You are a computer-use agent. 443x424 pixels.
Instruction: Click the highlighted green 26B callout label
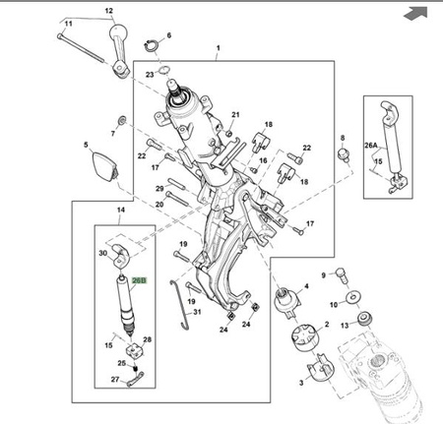tap(139, 280)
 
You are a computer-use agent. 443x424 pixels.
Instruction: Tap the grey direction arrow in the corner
tap(415, 13)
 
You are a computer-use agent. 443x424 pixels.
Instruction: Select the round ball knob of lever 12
tap(117, 32)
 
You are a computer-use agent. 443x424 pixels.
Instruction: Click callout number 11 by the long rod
tap(68, 24)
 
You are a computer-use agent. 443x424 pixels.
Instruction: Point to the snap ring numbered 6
tap(151, 45)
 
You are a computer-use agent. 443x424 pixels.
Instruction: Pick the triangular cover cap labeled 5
tap(103, 167)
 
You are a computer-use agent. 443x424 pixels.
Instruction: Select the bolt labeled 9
tap(343, 276)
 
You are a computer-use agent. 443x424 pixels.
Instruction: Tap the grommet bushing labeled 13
tap(364, 319)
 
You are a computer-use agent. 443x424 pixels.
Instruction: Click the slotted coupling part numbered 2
tap(305, 337)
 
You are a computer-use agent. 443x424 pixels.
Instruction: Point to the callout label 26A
tap(371, 145)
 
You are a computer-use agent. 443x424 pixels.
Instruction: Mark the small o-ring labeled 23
tap(164, 70)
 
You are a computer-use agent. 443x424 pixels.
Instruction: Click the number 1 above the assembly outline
tap(219, 48)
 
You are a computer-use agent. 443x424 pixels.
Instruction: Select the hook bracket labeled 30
tap(121, 256)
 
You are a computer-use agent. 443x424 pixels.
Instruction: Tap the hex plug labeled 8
tap(344, 154)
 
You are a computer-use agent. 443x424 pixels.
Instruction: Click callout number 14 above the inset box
tap(121, 210)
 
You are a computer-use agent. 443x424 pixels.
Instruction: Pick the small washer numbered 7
tap(123, 120)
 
